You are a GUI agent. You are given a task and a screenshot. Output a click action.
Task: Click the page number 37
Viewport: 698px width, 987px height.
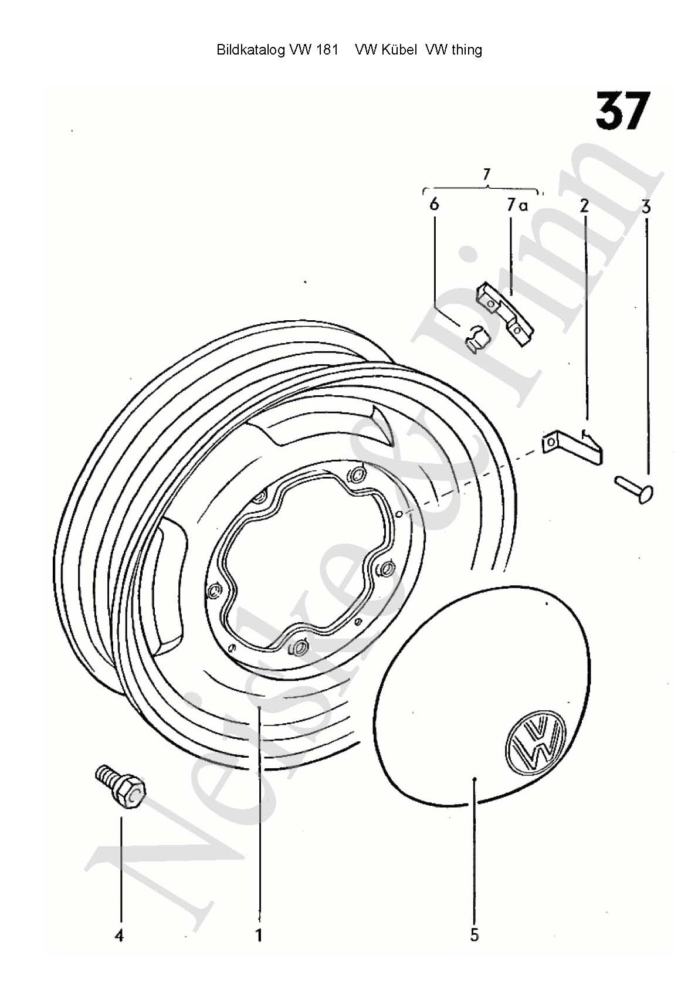[623, 111]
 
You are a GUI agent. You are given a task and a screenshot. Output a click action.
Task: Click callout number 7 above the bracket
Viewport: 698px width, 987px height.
[486, 175]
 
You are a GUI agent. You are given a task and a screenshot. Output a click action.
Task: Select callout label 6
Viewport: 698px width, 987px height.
[434, 205]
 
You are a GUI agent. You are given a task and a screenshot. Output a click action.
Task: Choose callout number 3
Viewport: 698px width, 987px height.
[646, 206]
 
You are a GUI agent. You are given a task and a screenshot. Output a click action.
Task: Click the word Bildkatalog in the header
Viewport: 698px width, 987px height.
[250, 50]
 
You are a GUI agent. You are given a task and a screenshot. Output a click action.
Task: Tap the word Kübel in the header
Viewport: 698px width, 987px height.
[398, 49]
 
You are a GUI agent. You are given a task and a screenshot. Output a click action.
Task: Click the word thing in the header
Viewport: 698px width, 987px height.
[467, 50]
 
